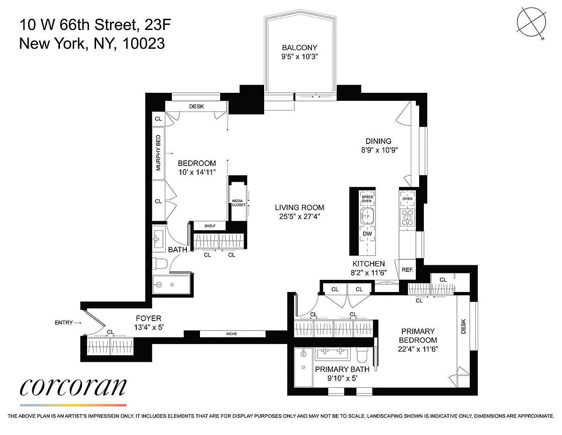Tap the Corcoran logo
[x=73, y=387]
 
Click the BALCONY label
[x=299, y=48]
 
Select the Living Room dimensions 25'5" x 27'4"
[x=299, y=217]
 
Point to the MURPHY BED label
[x=158, y=153]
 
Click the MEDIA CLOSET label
[x=238, y=202]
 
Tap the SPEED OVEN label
[x=367, y=199]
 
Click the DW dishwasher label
[x=367, y=234]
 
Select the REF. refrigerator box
[x=407, y=270]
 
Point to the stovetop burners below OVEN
[x=407, y=217]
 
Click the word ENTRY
[x=64, y=322]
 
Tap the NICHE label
[x=231, y=334]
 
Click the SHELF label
[x=210, y=226]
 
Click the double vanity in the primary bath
[x=333, y=354]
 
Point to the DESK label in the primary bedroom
[x=463, y=326]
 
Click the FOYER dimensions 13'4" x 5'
[x=149, y=327]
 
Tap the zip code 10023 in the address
[x=144, y=43]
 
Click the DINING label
[x=378, y=141]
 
